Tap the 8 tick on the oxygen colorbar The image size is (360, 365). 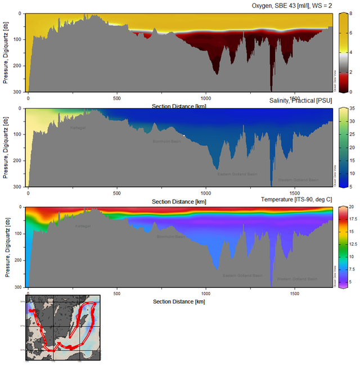(351, 13)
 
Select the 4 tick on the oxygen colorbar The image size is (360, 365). (351, 52)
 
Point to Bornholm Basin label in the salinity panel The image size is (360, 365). (168, 141)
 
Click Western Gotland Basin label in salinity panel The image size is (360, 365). (299, 180)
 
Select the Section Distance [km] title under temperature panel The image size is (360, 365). (173, 301)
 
